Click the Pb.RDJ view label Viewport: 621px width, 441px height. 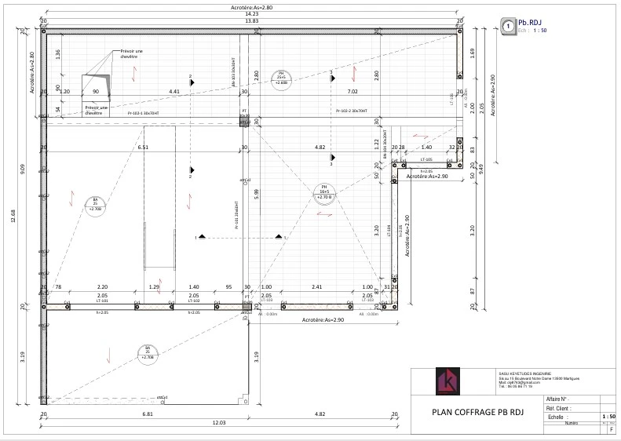click(531, 23)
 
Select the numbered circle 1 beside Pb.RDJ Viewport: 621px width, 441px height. click(509, 26)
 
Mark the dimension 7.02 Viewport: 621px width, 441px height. click(353, 92)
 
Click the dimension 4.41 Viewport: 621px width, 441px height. click(174, 92)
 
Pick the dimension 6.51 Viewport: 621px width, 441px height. click(143, 148)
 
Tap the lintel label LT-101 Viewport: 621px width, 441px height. click(79, 301)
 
